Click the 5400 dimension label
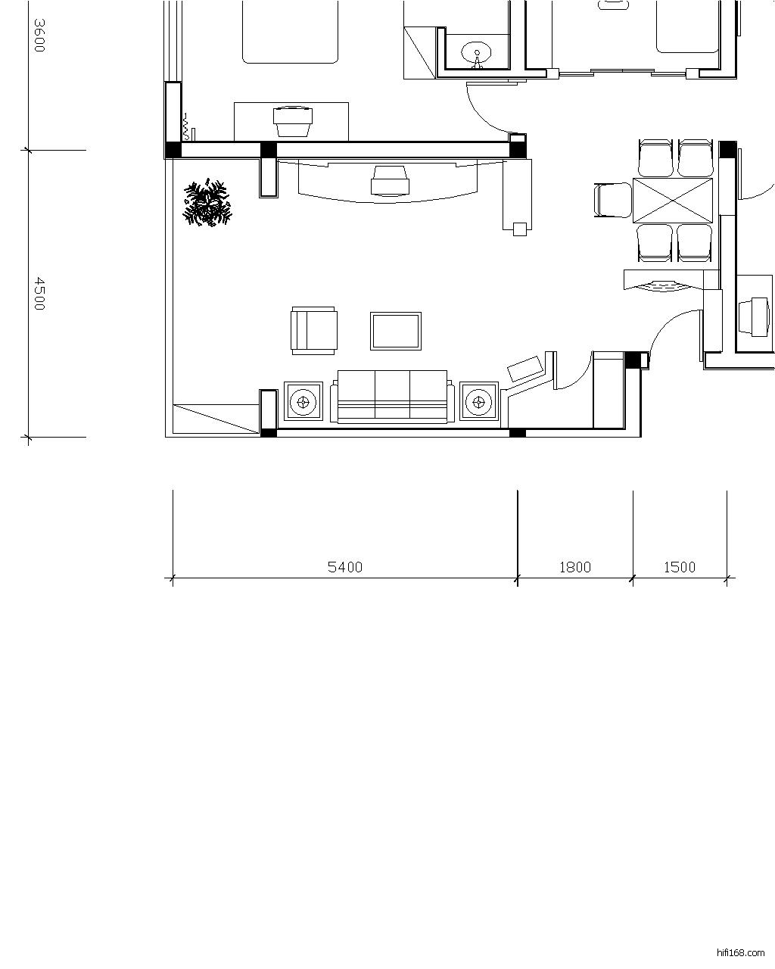[345, 567]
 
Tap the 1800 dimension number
[575, 567]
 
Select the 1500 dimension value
[680, 567]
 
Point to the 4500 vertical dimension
[39, 294]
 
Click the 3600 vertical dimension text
[39, 35]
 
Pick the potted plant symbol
[207, 203]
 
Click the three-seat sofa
[392, 396]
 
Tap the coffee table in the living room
[396, 331]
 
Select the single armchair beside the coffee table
[314, 331]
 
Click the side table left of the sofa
[303, 400]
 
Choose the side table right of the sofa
[478, 400]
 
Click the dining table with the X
[673, 201]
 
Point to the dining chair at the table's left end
[613, 200]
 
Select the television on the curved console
[390, 181]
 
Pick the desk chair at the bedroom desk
[293, 121]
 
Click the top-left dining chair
[655, 158]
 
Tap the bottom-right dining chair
[695, 243]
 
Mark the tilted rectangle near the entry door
[524, 369]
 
